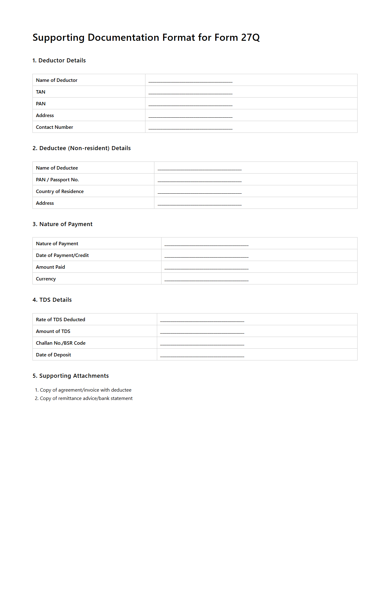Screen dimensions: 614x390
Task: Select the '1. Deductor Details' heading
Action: (59, 61)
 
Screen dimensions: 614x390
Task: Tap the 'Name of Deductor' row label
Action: (57, 80)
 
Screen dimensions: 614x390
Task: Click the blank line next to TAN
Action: (190, 93)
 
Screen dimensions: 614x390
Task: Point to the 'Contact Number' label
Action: (54, 127)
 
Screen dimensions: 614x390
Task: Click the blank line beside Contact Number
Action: (190, 128)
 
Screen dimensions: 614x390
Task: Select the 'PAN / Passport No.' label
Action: (57, 180)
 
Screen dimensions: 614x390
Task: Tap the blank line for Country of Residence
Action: (199, 192)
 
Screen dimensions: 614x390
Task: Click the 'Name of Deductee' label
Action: (57, 168)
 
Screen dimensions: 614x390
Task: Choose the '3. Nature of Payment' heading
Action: (62, 224)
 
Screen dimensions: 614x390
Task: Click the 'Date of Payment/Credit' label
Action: (62, 255)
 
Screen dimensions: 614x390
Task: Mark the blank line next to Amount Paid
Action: (206, 268)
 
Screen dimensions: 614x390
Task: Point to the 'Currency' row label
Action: (46, 279)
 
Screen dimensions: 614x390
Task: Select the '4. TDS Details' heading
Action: (52, 300)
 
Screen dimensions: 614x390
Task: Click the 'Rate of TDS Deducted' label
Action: (60, 320)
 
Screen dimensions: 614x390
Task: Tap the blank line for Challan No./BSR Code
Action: (202, 344)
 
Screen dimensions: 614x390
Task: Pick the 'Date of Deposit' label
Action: (53, 355)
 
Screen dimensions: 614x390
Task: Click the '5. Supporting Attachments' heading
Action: (70, 376)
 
